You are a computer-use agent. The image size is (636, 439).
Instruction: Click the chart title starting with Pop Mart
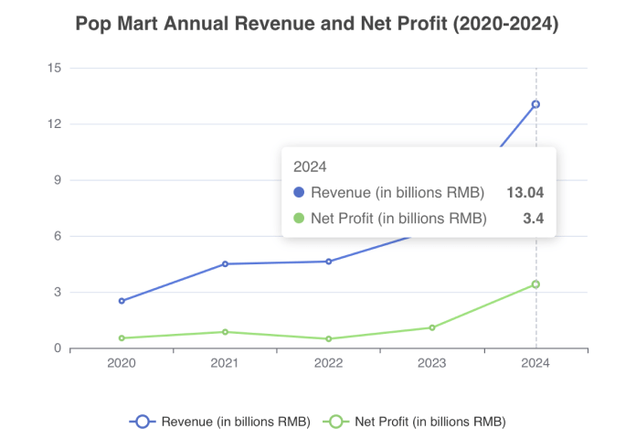tap(317, 25)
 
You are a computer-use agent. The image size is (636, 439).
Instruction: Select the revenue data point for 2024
tap(535, 104)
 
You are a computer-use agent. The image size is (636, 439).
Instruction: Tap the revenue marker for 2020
tap(122, 301)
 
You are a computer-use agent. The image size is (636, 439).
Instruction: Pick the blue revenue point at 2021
tap(225, 263)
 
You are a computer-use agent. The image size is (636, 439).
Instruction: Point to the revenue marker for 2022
tap(329, 262)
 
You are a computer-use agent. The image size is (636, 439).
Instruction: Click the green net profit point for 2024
tap(535, 284)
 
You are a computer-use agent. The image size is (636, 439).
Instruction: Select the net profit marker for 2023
tap(432, 327)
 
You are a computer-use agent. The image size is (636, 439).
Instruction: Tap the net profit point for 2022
tap(329, 338)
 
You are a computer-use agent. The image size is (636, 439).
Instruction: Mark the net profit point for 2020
tap(122, 337)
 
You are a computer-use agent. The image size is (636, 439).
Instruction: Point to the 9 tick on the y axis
tap(57, 180)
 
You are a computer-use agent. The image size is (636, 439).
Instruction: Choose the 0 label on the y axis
tap(57, 348)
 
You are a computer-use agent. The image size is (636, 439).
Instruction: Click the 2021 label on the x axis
tap(225, 363)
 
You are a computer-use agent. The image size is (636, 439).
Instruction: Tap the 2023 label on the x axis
tap(432, 363)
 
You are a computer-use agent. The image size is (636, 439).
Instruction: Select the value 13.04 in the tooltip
tap(525, 193)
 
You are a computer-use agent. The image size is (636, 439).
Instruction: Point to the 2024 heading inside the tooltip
tap(310, 166)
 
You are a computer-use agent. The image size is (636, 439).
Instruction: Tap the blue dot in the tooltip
tap(298, 193)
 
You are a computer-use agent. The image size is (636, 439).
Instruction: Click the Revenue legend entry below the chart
tap(222, 422)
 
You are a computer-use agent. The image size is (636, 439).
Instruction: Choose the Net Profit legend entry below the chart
tap(417, 422)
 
